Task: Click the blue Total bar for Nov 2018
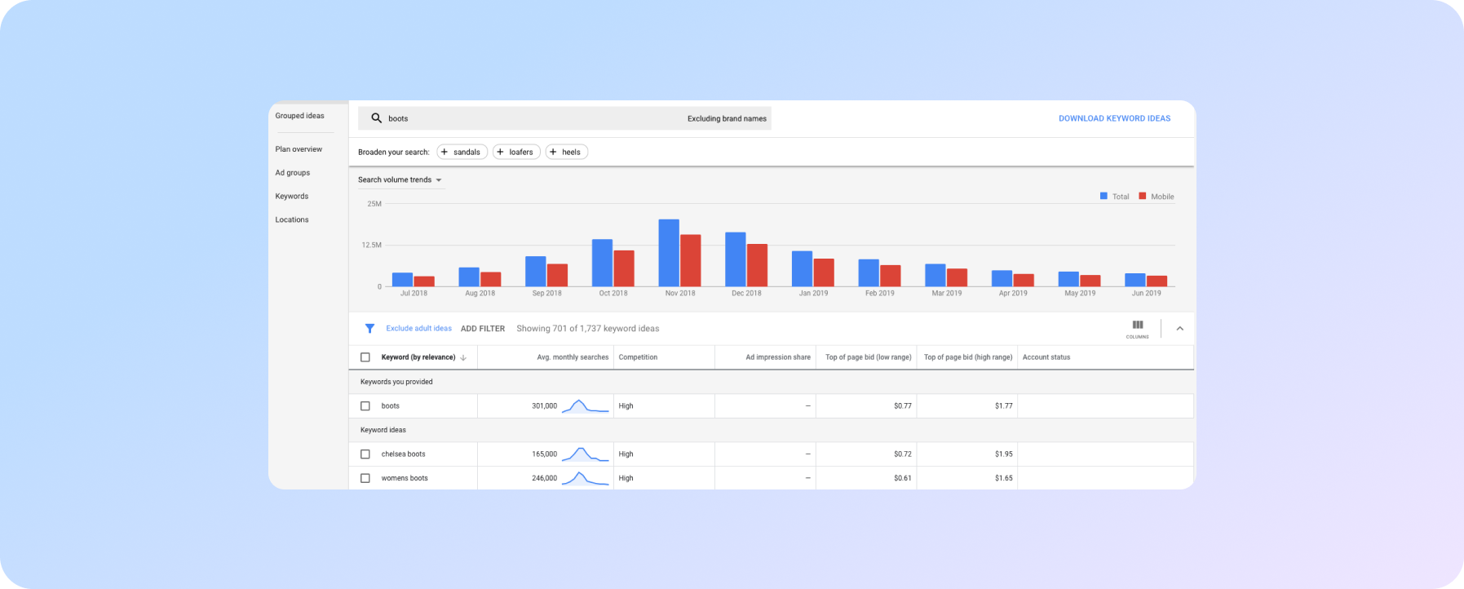coord(669,253)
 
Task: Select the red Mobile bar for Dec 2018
coord(757,265)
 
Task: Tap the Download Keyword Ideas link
coord(1114,118)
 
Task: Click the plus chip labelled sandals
coord(462,152)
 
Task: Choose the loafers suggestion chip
coord(516,152)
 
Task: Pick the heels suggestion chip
coord(566,152)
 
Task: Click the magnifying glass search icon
coord(376,118)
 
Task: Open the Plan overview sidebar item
coord(299,149)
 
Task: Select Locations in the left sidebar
coord(292,219)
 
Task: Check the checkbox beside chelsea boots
coord(365,454)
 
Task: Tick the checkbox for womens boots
coord(365,478)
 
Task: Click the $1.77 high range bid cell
coord(1003,406)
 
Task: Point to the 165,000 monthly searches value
coord(544,454)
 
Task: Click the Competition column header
coord(638,357)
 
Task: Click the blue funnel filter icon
coord(369,329)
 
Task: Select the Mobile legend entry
coord(1157,197)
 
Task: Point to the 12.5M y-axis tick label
coord(372,245)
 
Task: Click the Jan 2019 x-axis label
coord(813,293)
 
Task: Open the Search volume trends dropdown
coord(400,179)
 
